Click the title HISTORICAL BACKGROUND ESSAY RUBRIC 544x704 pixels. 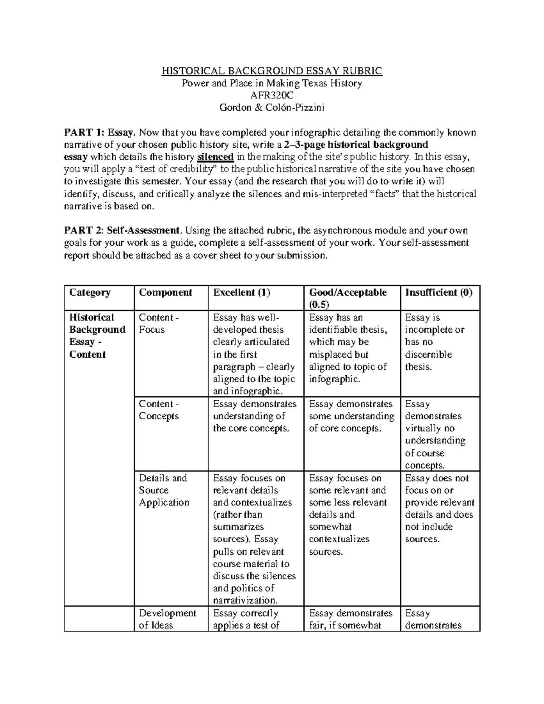272,71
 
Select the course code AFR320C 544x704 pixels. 272,95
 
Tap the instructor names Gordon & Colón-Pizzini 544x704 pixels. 272,107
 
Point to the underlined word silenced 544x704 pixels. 215,157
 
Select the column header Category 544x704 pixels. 90,292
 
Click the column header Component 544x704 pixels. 165,292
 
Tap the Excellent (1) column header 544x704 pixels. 242,292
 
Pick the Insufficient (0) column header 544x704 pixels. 439,292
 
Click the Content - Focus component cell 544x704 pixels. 159,324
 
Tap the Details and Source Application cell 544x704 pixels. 164,490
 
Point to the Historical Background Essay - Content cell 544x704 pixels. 97,336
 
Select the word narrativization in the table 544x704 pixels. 244,601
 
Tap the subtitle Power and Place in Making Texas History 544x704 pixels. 272,83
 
